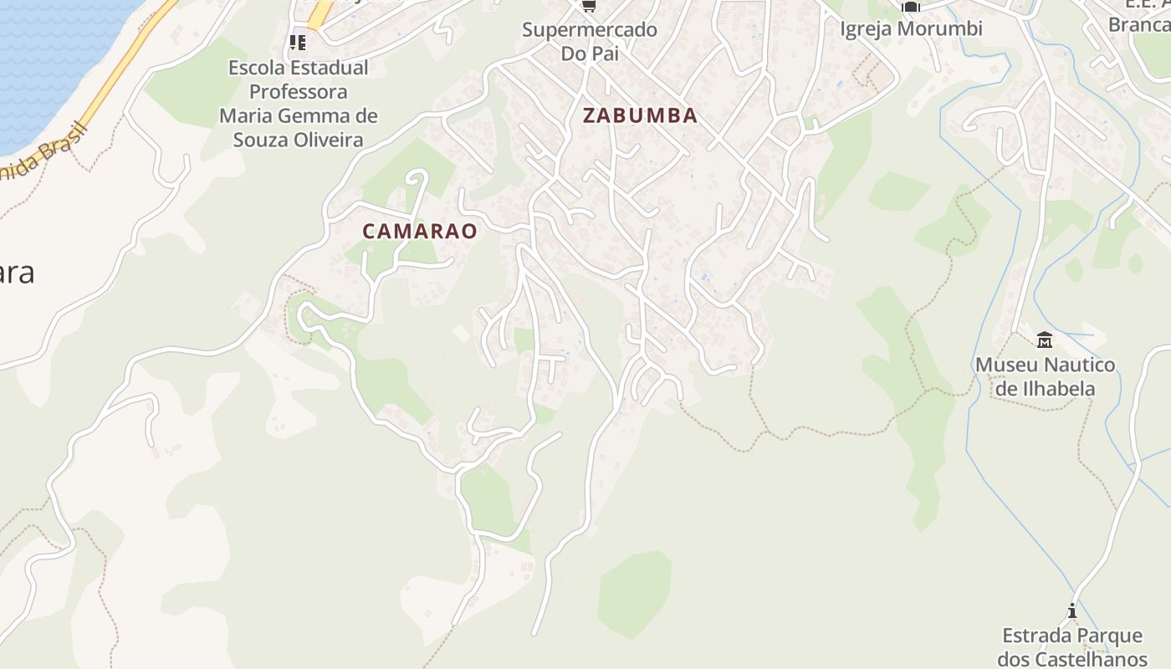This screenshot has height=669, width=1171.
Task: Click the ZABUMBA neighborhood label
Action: point(640,115)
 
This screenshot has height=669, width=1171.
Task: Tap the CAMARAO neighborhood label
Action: point(420,231)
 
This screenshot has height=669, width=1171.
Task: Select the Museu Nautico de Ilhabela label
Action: point(1045,376)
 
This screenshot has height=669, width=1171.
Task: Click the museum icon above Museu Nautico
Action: point(1045,340)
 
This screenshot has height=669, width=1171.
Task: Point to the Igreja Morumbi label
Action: point(911,28)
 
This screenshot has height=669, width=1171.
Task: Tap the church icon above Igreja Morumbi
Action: point(911,6)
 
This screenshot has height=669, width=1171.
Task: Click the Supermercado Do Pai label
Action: point(590,41)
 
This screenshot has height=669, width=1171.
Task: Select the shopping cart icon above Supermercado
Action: point(590,6)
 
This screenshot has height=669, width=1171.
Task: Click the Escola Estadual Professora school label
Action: point(299,103)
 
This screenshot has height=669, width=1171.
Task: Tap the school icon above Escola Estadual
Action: point(298,41)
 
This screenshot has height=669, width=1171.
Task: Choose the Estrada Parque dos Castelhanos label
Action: point(1072,647)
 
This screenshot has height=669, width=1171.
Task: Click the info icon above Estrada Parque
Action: point(1072,611)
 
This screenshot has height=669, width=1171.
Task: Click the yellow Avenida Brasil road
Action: point(125,67)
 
